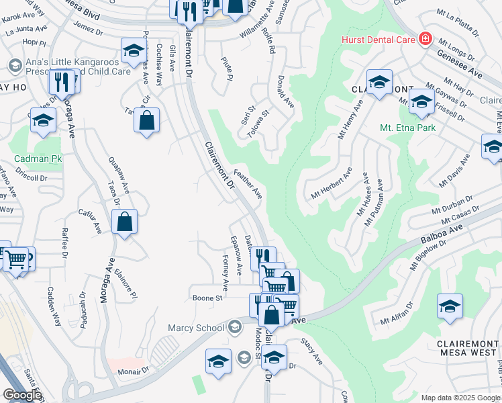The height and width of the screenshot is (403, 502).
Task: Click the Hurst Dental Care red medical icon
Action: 424,40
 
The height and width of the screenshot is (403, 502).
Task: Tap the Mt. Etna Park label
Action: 407,128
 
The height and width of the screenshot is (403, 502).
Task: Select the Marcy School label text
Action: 196,328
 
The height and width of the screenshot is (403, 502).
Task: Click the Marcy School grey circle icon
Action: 234,328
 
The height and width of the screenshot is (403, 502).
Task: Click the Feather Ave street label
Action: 248,183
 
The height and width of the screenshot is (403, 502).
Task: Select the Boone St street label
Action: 207,298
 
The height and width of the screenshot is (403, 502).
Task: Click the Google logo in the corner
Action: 22,395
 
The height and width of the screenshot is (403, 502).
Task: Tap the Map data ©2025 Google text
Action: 460,398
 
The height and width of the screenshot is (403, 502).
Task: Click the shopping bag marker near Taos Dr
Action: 125,222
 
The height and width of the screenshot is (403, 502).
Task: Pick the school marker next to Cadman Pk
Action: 43,121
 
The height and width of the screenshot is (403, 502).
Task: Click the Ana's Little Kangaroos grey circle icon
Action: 14,65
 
